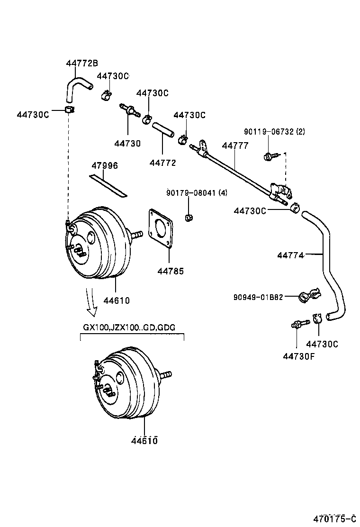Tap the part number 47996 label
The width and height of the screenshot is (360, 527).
tap(105, 165)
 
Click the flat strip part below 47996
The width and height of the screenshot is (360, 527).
tap(108, 185)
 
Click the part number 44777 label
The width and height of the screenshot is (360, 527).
tap(235, 146)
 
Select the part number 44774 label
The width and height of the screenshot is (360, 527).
tap(290, 255)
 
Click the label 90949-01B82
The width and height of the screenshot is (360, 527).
tap(258, 297)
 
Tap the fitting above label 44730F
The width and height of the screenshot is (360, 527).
tap(298, 325)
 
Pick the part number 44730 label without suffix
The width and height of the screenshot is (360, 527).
tap(127, 143)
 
